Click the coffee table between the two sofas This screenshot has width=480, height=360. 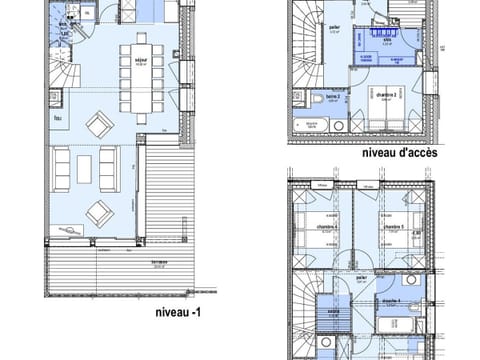tap(84, 167)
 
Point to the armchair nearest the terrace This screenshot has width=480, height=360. tap(99, 213)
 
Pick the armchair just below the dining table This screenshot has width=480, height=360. tap(100, 125)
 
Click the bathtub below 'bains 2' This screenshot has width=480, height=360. tap(312, 125)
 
